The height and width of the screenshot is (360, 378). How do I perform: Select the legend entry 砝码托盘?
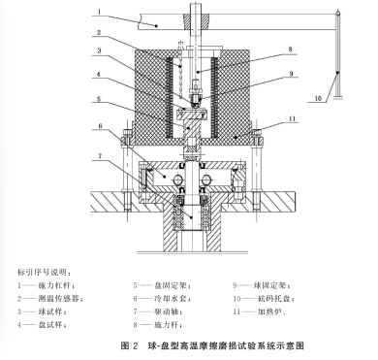(x=277, y=298)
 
